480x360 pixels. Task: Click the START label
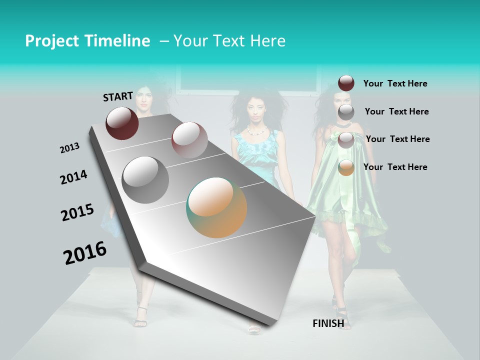[x=118, y=96]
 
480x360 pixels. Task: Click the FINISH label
[x=328, y=323]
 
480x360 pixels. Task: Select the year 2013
[x=69, y=147]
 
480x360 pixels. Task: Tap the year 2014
[x=73, y=177]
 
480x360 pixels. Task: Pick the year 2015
[x=77, y=212]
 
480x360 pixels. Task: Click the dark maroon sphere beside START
[x=122, y=123]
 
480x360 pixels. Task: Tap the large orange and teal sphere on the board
[x=216, y=207]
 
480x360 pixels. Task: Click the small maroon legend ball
[x=346, y=83]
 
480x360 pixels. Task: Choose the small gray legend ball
[x=346, y=112]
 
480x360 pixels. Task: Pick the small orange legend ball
[x=346, y=167]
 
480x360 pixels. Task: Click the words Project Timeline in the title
[x=87, y=41]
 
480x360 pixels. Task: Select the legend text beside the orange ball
[x=395, y=167]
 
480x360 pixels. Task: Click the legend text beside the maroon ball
[x=395, y=83]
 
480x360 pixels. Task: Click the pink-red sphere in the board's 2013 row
[x=189, y=139]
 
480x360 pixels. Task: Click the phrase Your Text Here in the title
[x=229, y=41]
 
